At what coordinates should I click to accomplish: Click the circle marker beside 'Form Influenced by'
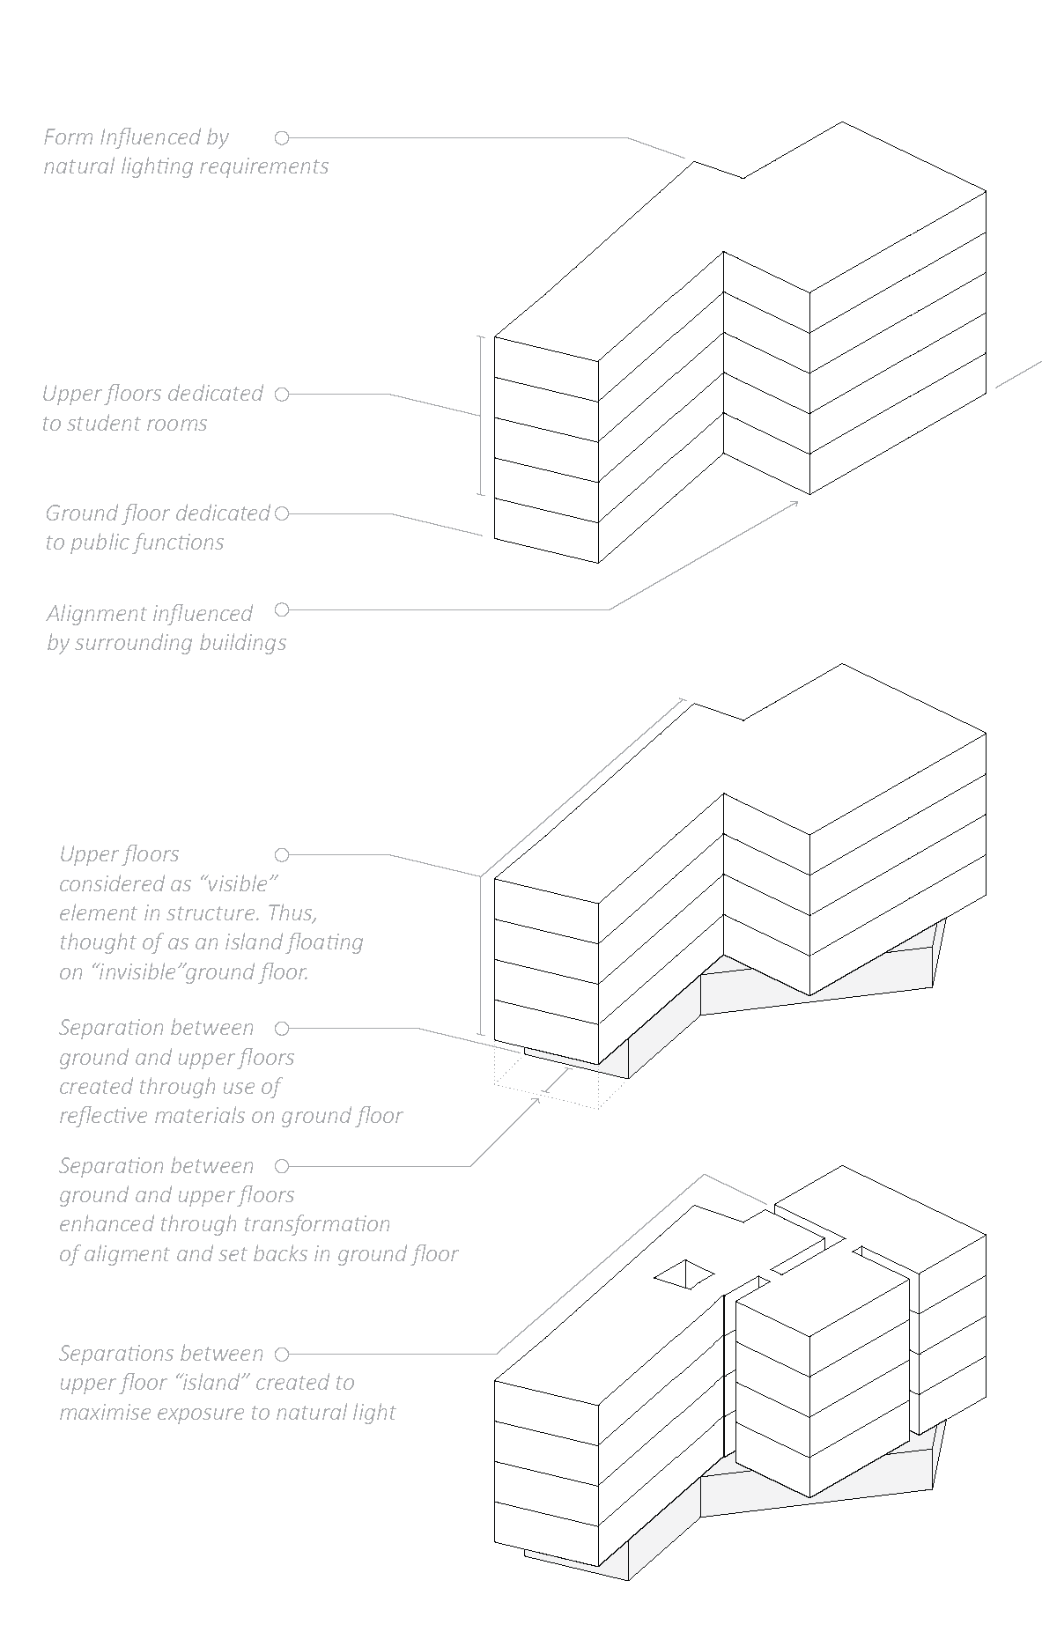[x=282, y=138]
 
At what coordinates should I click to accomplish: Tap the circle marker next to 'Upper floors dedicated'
[x=282, y=395]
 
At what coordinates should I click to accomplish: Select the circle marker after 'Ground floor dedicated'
[x=282, y=513]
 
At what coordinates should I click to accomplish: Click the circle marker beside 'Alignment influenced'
[x=282, y=609]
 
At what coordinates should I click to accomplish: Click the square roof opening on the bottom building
[x=684, y=1274]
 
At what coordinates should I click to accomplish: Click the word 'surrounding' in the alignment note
[x=132, y=643]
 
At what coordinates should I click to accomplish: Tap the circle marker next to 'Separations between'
[x=282, y=1354]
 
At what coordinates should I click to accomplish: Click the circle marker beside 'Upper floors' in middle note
[x=282, y=855]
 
